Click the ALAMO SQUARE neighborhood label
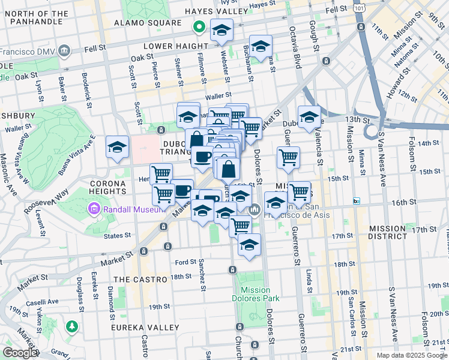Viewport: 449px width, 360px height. pyautogui.click(x=148, y=23)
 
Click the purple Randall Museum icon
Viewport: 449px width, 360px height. pyautogui.click(x=93, y=209)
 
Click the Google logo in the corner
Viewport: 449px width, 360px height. pyautogui.click(x=20, y=353)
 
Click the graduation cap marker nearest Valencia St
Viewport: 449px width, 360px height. pyautogui.click(x=309, y=116)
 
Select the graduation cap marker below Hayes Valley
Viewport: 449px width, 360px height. pyautogui.click(x=221, y=30)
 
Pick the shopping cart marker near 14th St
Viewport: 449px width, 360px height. pyautogui.click(x=289, y=157)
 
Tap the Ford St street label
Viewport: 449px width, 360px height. pyautogui.click(x=185, y=262)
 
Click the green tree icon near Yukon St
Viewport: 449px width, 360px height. pyautogui.click(x=73, y=326)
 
